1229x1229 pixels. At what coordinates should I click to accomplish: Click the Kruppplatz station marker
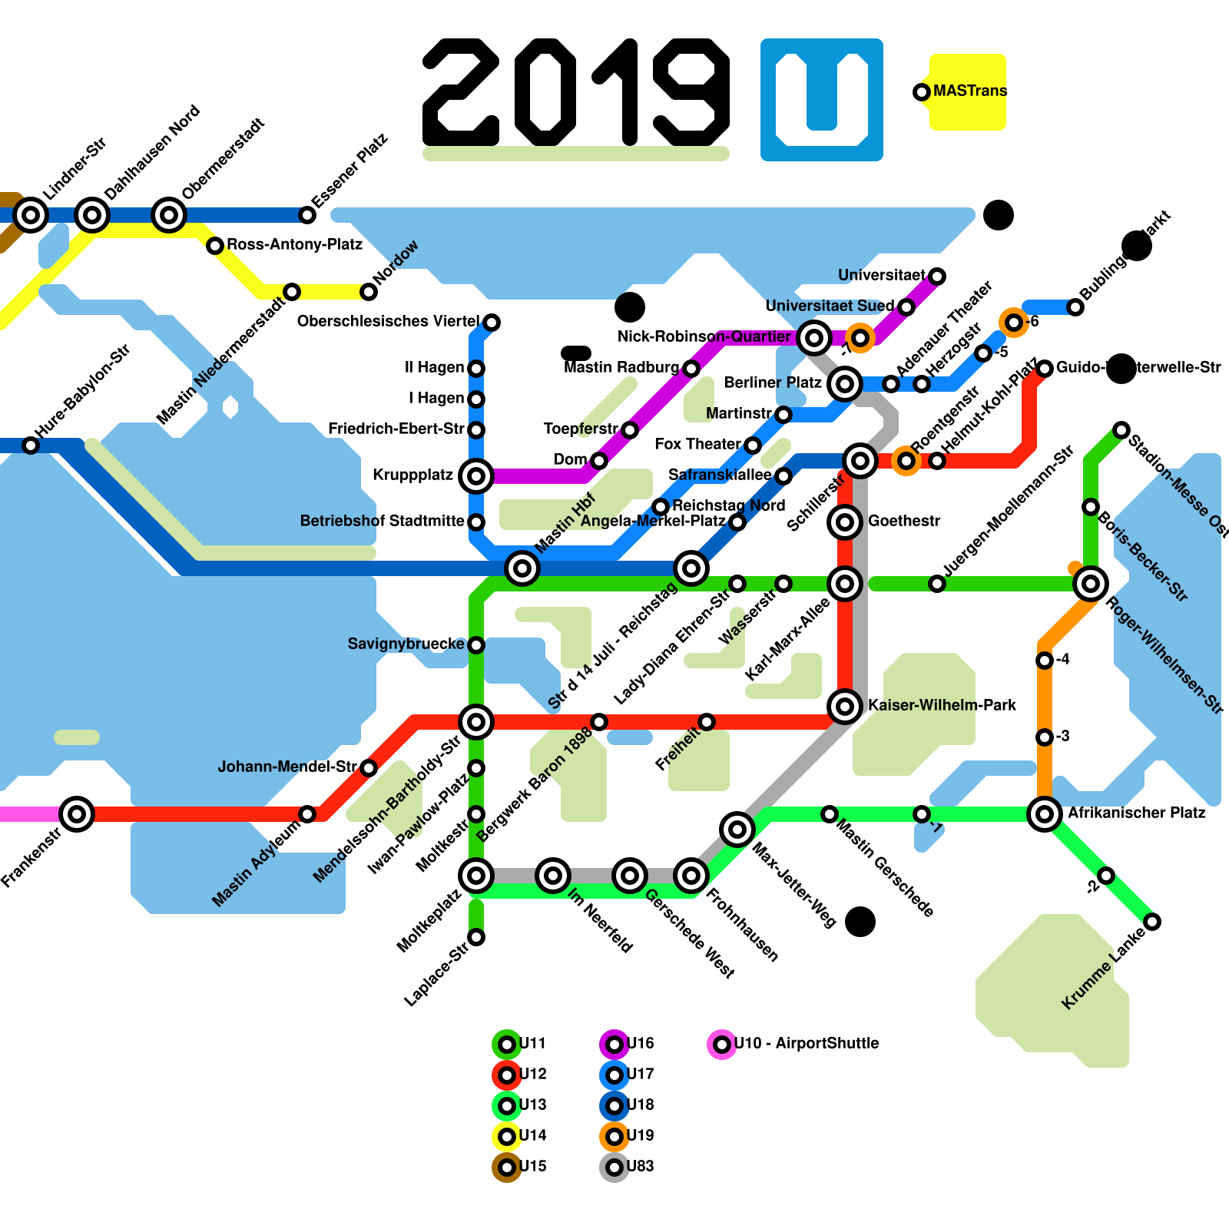pos(475,476)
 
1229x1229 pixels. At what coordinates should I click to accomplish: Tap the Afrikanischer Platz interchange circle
pos(1045,813)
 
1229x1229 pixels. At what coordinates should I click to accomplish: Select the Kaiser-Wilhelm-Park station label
pos(942,705)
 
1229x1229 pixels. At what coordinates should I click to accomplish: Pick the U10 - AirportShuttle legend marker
pos(722,1044)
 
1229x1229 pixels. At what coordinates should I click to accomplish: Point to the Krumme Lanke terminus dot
pos(1152,922)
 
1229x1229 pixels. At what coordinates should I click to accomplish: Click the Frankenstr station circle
pos(77,813)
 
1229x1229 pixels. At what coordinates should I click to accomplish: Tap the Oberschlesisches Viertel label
pos(388,321)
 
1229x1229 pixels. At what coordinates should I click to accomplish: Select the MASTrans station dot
pos(922,92)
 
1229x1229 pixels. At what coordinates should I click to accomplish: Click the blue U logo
pos(822,100)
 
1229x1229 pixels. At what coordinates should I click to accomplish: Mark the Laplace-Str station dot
pos(476,937)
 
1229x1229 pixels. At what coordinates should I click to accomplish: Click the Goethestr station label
pos(904,521)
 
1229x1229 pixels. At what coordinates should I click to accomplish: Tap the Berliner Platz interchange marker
pos(845,383)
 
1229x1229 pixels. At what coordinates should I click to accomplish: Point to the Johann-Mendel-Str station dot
pos(369,768)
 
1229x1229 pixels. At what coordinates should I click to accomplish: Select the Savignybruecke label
pos(406,644)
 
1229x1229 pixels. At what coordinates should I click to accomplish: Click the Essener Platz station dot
pos(307,215)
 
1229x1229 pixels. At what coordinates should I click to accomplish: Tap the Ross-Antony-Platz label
pos(294,244)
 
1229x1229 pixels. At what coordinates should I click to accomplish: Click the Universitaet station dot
pos(937,277)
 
